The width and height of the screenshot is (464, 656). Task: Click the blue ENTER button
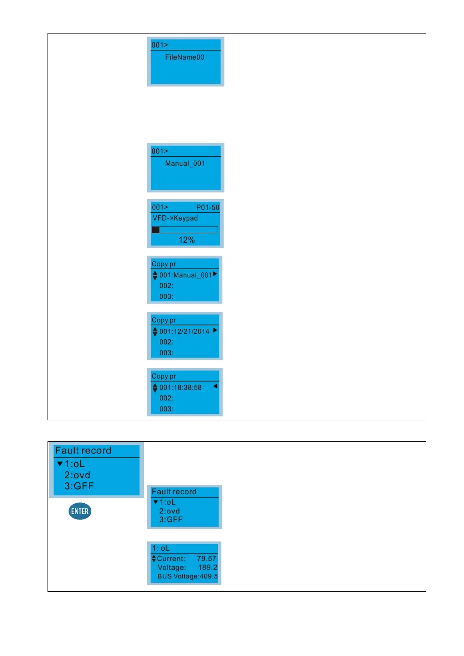click(80, 511)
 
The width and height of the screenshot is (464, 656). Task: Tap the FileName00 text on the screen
click(185, 57)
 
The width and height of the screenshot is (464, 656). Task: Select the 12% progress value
click(187, 240)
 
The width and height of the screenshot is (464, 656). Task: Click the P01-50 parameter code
click(208, 208)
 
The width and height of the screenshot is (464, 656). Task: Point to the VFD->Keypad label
click(175, 218)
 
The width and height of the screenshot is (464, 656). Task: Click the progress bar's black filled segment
click(156, 230)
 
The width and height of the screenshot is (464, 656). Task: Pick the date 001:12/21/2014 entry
click(184, 332)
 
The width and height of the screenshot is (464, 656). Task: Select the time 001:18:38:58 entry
click(180, 388)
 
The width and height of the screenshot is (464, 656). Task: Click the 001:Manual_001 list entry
click(185, 275)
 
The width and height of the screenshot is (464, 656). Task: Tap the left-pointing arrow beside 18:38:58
click(215, 386)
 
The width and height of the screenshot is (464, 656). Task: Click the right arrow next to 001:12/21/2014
click(215, 330)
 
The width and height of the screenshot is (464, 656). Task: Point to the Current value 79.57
click(206, 559)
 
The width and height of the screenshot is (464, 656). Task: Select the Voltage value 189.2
click(208, 568)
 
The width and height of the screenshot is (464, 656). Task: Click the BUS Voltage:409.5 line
click(187, 577)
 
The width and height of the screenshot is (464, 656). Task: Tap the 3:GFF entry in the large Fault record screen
click(79, 486)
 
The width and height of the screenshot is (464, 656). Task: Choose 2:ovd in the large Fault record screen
click(77, 475)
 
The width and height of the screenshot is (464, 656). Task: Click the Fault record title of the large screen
click(83, 451)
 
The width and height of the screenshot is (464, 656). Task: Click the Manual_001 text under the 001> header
click(185, 164)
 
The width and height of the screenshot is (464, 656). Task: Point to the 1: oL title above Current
click(161, 548)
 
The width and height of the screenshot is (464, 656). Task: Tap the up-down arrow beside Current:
click(154, 559)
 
